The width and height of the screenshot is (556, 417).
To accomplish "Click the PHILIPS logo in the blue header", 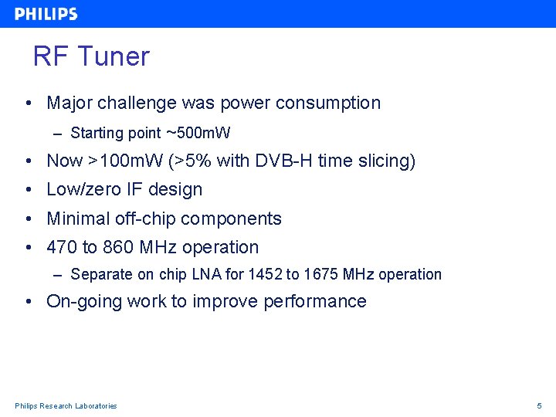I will pos(46,14).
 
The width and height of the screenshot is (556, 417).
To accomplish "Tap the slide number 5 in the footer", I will pos(540,405).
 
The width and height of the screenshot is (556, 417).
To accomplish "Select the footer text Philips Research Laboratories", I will pos(66,405).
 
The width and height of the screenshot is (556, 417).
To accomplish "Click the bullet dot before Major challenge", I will pos(28,103).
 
